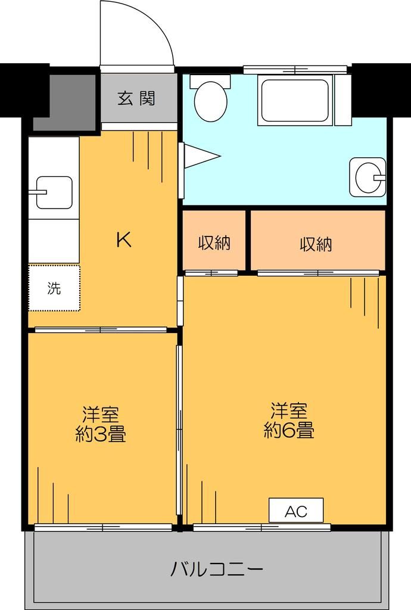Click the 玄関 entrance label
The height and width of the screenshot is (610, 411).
136,98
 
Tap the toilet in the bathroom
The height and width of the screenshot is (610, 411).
211,98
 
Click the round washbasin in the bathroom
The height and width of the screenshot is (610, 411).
367,176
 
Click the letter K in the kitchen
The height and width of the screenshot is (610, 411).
123,239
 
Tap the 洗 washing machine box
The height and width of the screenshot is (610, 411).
54,288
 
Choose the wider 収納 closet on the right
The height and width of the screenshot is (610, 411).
316,244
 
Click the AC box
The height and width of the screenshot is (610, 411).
295,511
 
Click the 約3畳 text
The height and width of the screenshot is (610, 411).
100,435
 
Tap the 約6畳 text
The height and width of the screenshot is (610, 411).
289,430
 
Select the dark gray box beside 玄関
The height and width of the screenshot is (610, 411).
64,102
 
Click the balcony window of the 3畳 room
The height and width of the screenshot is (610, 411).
102,527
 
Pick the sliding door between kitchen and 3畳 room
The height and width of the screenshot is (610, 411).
100,329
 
